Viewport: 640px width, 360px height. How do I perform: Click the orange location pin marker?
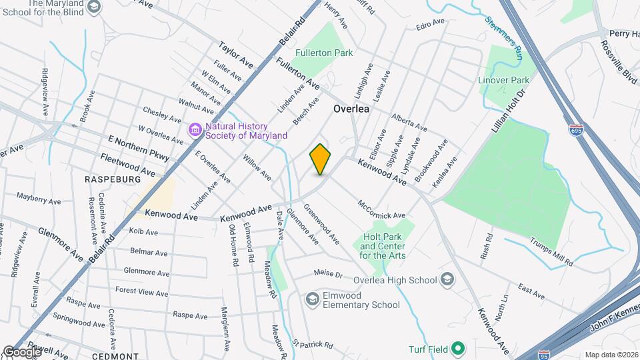tap(321, 159)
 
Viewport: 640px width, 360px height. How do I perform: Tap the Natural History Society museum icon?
tap(195, 129)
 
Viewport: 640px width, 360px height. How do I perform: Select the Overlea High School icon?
tap(448, 279)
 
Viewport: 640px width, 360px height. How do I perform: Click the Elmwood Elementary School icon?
tap(312, 299)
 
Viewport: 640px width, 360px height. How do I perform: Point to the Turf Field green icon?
tap(457, 349)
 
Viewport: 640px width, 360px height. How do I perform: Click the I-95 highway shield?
tap(545, 355)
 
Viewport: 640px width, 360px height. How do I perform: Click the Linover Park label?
tap(504, 80)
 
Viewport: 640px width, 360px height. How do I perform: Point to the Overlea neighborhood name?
tap(351, 109)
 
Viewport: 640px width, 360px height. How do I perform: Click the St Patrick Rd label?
tap(312, 345)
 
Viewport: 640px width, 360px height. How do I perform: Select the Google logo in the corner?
tap(21, 352)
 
